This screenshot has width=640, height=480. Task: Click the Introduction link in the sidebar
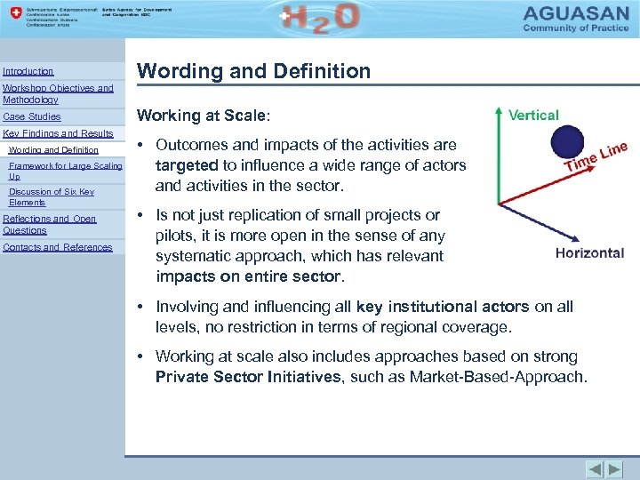tap(28, 71)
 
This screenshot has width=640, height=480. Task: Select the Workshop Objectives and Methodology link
tap(58, 94)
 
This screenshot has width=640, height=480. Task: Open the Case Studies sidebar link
tap(32, 116)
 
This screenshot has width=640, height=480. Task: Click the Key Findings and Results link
tap(58, 133)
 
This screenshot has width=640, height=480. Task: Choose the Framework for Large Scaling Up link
tap(65, 171)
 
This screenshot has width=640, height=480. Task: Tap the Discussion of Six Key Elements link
tap(51, 196)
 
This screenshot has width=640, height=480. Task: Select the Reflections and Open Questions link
tap(50, 224)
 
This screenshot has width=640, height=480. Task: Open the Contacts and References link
tap(58, 247)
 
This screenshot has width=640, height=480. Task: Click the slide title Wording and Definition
tap(253, 71)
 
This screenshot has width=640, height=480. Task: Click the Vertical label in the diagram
tap(533, 115)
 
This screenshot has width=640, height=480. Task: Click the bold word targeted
tap(186, 164)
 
